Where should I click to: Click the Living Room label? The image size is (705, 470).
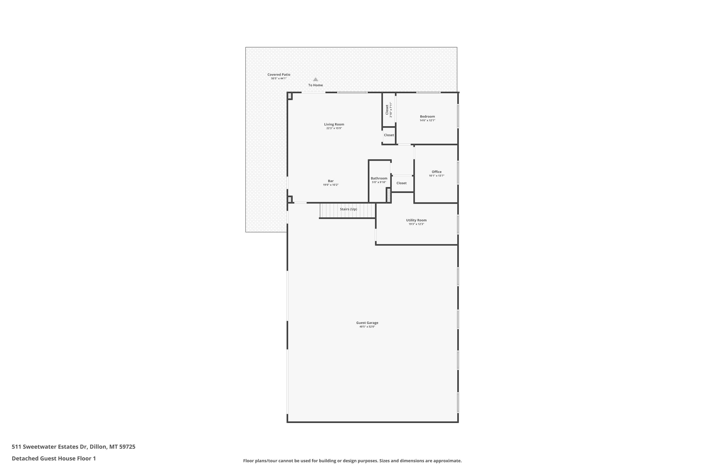point(334,124)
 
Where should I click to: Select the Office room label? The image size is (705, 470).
point(436,172)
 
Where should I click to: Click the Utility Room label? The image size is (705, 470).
point(416,220)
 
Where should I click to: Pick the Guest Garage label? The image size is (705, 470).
point(367,323)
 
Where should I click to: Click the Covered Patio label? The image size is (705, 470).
point(279,75)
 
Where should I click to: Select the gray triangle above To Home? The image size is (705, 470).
point(315,79)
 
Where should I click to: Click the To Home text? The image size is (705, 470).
point(316,85)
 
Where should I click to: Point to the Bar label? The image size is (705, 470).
point(331,181)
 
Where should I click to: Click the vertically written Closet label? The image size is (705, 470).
point(387,110)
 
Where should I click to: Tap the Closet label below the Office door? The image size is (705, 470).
point(401,183)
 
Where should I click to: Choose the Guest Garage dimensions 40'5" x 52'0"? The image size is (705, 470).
point(367,327)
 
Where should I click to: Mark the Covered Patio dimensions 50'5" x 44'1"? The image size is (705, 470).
point(279,78)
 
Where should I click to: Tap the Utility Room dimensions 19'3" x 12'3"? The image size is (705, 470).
point(416,224)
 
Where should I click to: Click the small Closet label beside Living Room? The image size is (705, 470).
point(389,135)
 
